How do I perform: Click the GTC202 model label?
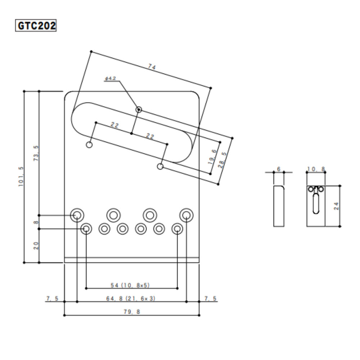click(36, 26)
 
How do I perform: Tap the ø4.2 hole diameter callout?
click(111, 78)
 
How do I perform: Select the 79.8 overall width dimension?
click(131, 311)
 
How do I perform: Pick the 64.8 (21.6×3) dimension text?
click(131, 298)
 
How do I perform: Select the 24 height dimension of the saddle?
click(336, 206)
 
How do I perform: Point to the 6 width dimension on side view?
click(279, 168)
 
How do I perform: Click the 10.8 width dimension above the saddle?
click(316, 168)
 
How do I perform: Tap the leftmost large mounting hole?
click(77, 215)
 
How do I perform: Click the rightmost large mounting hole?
click(186, 215)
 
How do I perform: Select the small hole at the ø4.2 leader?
click(139, 109)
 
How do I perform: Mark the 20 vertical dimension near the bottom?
click(36, 246)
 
